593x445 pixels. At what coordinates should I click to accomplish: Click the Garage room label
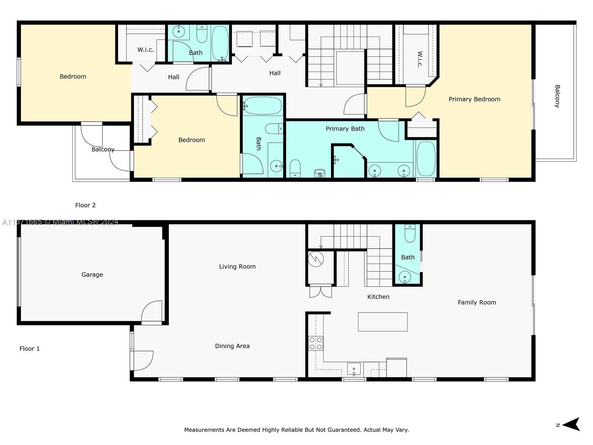(x=92, y=275)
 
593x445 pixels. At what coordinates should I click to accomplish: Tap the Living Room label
(x=237, y=267)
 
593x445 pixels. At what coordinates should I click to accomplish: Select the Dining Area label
(x=232, y=346)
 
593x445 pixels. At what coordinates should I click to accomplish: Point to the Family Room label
(x=477, y=303)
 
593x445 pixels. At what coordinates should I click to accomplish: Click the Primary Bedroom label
(x=474, y=99)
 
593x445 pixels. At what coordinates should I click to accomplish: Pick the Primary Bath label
(x=345, y=129)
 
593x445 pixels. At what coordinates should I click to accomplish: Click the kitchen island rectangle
(x=382, y=322)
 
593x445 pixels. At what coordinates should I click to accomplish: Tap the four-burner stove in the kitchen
(x=315, y=343)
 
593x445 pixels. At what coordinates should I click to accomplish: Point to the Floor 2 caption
(x=85, y=205)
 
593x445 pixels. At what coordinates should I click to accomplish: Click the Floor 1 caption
(x=29, y=349)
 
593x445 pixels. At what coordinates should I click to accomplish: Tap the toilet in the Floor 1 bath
(x=410, y=234)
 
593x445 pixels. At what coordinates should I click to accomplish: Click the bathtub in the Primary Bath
(x=426, y=159)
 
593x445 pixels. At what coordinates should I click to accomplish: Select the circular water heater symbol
(x=315, y=259)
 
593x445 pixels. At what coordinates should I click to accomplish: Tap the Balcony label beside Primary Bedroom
(x=557, y=96)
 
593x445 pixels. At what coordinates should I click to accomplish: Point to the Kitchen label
(x=378, y=297)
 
